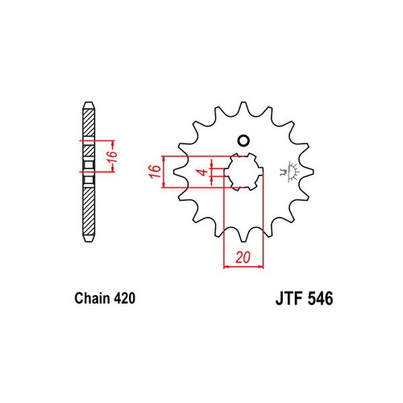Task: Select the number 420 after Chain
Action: coord(119,298)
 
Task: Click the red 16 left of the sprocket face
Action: coord(150,171)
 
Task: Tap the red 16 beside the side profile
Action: coord(114,153)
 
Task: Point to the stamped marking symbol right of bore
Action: coord(288,172)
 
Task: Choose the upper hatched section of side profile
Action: coord(86,129)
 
